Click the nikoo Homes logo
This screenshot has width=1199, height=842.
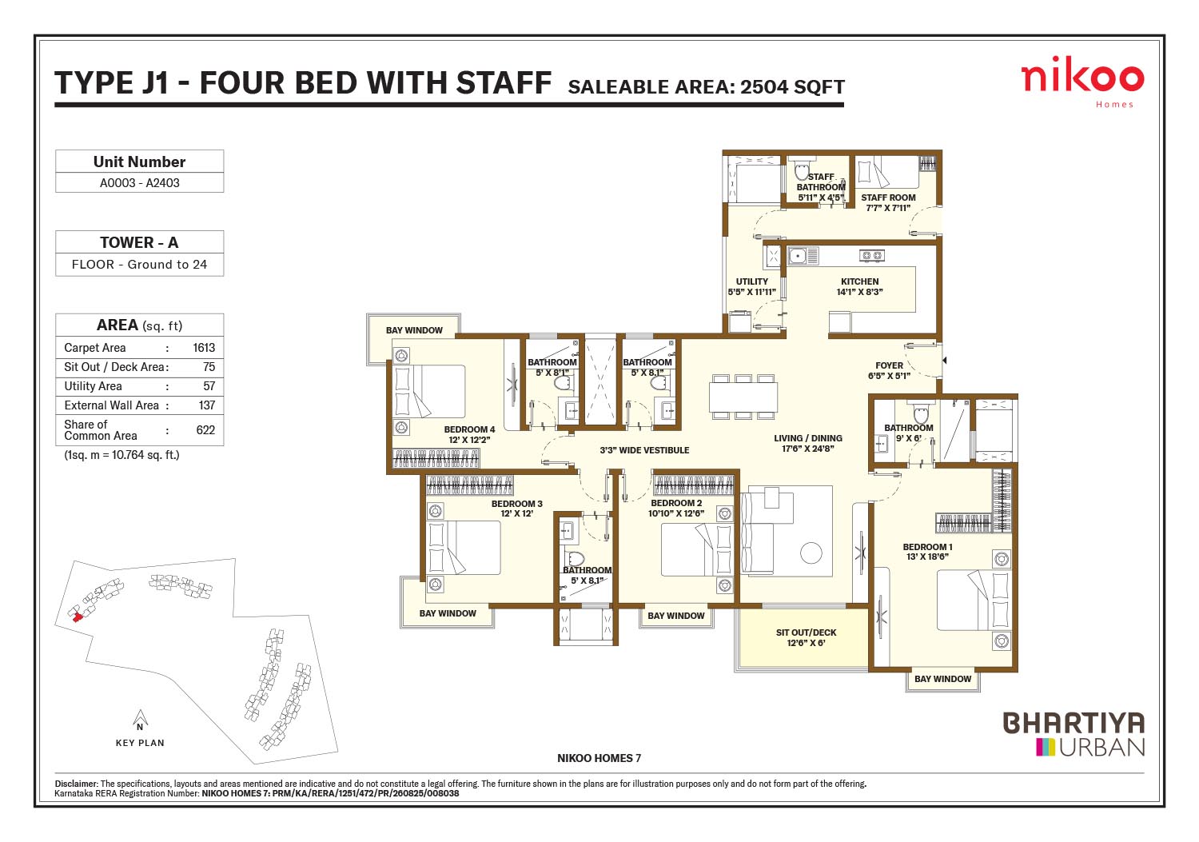coord(1081,82)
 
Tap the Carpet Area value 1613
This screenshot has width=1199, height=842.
coord(204,348)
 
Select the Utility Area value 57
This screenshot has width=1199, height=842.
coord(209,386)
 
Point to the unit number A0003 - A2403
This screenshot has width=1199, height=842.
coord(140,182)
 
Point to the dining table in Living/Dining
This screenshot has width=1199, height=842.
coord(743,397)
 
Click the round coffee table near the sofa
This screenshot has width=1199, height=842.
coord(811,553)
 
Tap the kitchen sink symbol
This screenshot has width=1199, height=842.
coord(803,256)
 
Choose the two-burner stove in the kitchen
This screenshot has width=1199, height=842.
coord(872,256)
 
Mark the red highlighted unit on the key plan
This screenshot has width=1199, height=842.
coord(76,614)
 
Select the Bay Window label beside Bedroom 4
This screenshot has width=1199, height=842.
coord(414,330)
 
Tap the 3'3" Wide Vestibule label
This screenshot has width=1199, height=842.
coord(644,450)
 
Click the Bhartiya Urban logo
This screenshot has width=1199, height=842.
coord(1074,733)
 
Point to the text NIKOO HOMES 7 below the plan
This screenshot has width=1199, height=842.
coord(599,758)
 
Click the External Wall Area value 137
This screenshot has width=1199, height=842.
coord(206,405)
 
